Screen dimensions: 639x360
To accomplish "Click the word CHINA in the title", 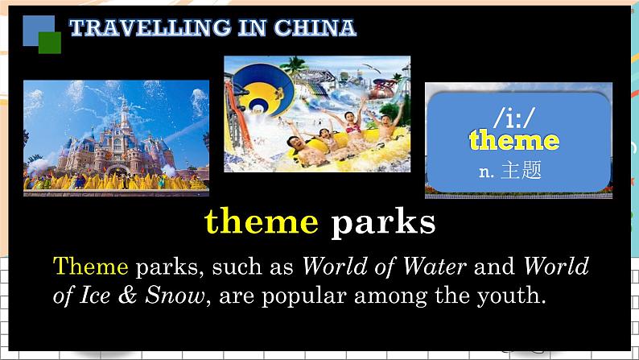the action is pos(315,27).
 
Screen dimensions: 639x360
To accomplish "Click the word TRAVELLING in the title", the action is pos(150,27).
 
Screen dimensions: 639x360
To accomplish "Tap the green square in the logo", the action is pos(50,43).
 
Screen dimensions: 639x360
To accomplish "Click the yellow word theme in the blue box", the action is pos(514,140).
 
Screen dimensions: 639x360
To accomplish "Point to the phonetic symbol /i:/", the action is pos(514,117).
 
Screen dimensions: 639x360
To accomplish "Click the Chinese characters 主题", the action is pos(522,170).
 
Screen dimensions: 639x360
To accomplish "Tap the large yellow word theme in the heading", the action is pos(262,221).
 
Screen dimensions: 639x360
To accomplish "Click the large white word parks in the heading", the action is pos(383,222).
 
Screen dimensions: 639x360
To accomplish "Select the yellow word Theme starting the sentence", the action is pos(90,267).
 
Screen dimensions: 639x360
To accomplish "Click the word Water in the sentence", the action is pos(435,267).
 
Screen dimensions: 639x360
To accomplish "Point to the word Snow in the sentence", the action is pos(175,296).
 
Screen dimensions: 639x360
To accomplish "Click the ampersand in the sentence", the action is pos(127,296).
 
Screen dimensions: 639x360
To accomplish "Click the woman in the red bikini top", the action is pos(352,127).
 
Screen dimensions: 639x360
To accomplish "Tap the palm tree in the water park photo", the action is pos(295,65).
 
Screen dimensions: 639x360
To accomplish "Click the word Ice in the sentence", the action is pos(95,296).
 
